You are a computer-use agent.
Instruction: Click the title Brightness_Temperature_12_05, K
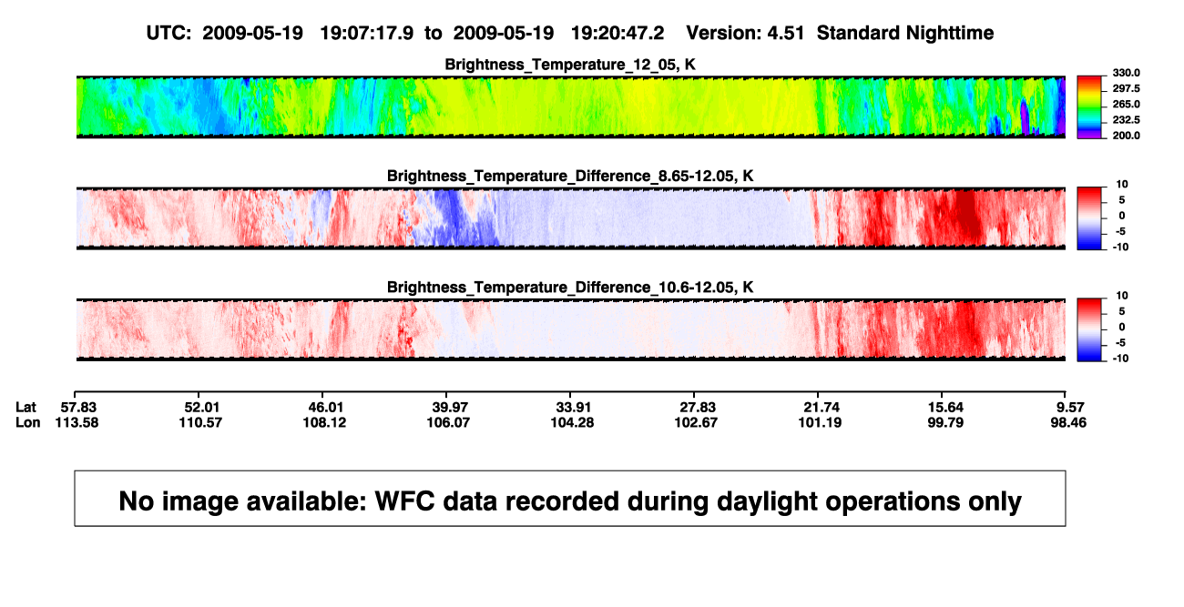pyautogui.click(x=570, y=65)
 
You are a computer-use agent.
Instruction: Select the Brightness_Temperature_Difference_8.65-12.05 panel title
pyautogui.click(x=570, y=176)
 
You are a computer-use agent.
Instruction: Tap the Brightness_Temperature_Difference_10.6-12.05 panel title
pyautogui.click(x=570, y=288)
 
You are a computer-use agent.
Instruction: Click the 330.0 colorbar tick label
pyautogui.click(x=1126, y=73)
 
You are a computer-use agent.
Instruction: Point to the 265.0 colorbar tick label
pyautogui.click(x=1126, y=104)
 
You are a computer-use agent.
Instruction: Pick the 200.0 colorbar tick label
pyautogui.click(x=1126, y=136)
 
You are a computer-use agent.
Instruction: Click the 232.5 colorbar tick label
pyautogui.click(x=1126, y=120)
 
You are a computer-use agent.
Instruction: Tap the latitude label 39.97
pyautogui.click(x=450, y=408)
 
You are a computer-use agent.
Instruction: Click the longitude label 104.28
pyautogui.click(x=572, y=422)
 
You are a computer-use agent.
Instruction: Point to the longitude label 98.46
pyautogui.click(x=1068, y=422)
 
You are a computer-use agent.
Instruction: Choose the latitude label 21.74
pyautogui.click(x=822, y=408)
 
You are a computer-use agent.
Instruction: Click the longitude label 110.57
pyautogui.click(x=200, y=422)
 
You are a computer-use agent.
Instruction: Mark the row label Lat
pyautogui.click(x=26, y=408)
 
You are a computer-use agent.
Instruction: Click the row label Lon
pyautogui.click(x=28, y=422)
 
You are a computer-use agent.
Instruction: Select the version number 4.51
pyautogui.click(x=785, y=34)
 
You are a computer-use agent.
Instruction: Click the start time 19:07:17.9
pyautogui.click(x=367, y=34)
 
